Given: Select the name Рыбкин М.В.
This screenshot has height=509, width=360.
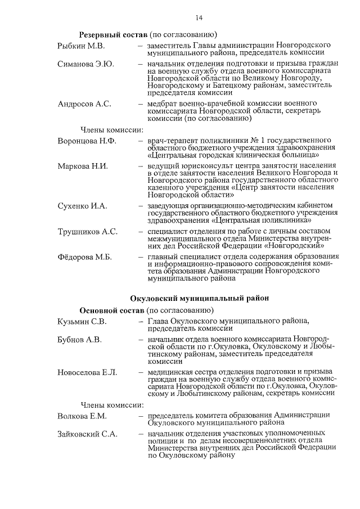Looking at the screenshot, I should (81, 44).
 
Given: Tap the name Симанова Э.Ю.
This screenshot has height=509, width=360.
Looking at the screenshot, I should (86, 65).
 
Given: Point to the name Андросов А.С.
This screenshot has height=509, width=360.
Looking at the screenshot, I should (84, 105).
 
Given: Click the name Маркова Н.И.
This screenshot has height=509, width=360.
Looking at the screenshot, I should (82, 166).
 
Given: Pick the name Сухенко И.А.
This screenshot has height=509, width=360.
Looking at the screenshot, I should (82, 206).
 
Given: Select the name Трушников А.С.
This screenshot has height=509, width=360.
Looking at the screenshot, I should (87, 232).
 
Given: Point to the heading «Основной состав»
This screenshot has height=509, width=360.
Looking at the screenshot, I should (112, 310).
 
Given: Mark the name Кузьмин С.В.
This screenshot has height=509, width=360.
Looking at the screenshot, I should (82, 322).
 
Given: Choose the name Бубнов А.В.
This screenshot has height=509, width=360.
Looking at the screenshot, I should (79, 340).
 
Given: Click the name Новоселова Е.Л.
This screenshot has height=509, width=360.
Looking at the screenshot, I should (87, 373).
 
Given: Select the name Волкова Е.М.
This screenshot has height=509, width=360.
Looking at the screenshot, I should (82, 416).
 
